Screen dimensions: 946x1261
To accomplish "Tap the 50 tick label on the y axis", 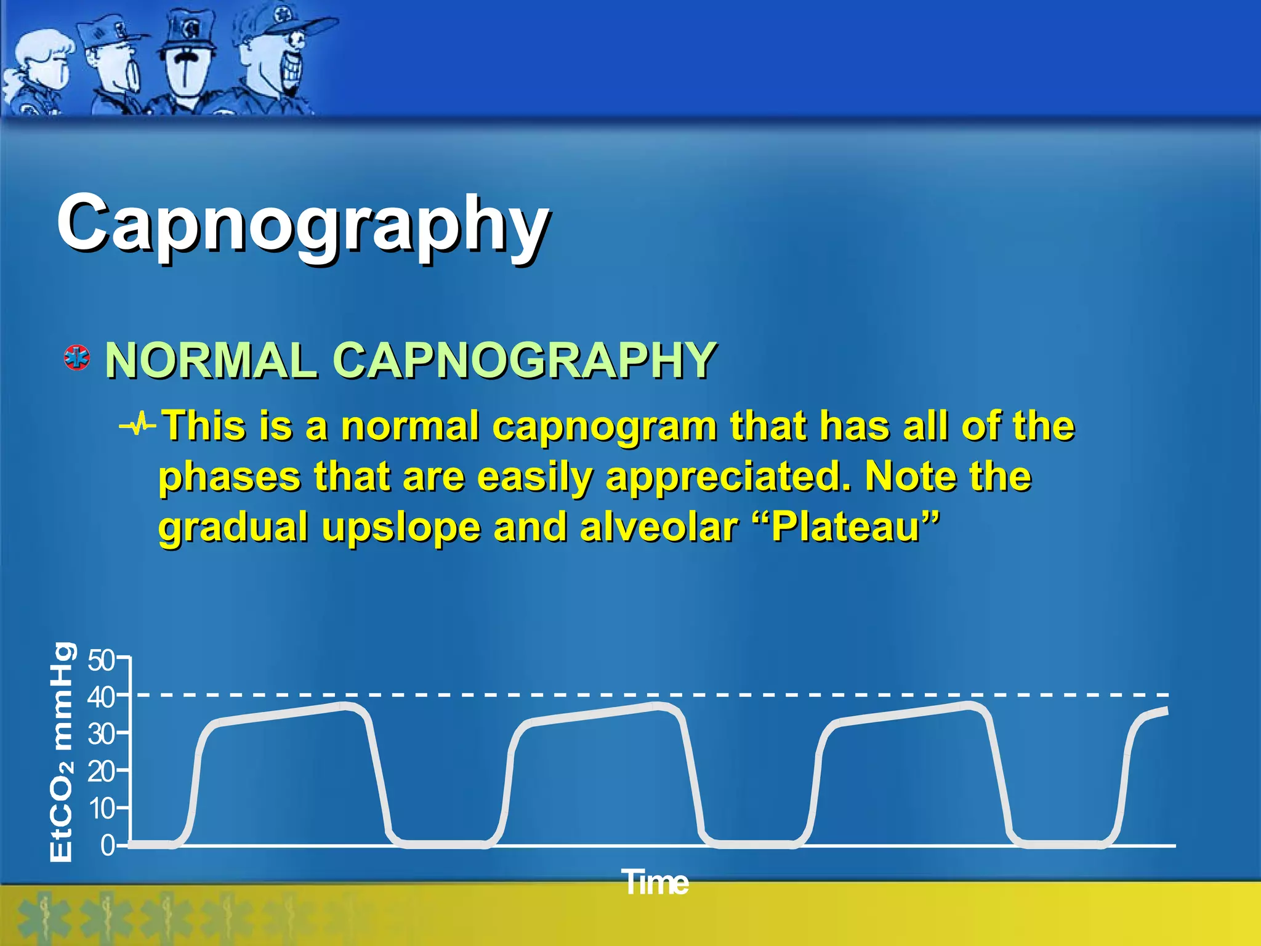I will pyautogui.click(x=101, y=660).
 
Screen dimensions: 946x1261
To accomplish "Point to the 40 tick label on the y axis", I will pyautogui.click(x=101, y=697).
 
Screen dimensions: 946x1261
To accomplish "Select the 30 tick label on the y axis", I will pyautogui.click(x=101, y=734).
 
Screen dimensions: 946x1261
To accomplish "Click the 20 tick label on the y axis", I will pyautogui.click(x=101, y=771).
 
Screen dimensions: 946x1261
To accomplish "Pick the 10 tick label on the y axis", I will pyautogui.click(x=101, y=808).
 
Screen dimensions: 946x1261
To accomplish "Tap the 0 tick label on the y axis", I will pyautogui.click(x=108, y=846).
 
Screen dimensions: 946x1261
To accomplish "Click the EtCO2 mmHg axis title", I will pyautogui.click(x=62, y=751).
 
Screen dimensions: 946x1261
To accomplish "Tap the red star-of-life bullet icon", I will pyautogui.click(x=77, y=358).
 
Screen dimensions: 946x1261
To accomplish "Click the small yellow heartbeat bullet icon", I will pyautogui.click(x=138, y=424).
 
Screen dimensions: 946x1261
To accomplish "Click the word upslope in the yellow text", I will pyautogui.click(x=400, y=528).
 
